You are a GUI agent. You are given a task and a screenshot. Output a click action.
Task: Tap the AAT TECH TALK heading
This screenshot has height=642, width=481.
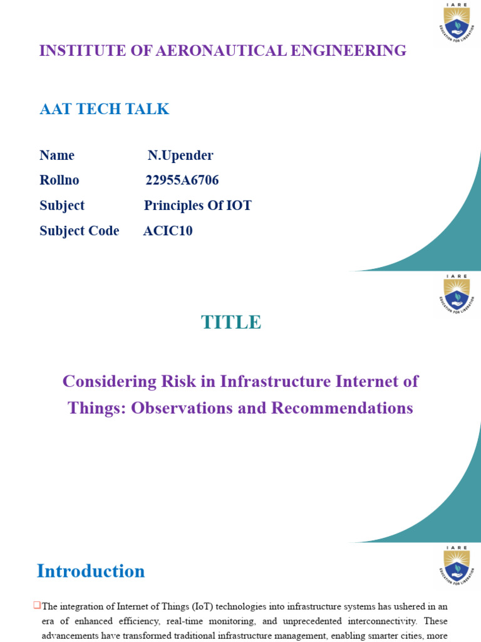pyautogui.click(x=104, y=109)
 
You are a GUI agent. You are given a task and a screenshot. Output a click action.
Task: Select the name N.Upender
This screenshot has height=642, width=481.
pyautogui.click(x=180, y=155)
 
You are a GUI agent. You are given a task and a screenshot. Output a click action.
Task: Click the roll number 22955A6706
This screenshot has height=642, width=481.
pyautogui.click(x=182, y=181)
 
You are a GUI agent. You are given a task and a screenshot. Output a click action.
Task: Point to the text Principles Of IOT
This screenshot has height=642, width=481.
pyautogui.click(x=198, y=206)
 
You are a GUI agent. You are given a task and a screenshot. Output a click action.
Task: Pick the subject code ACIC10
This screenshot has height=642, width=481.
pyautogui.click(x=168, y=231)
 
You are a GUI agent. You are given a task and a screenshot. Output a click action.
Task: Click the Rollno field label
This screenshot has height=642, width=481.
pyautogui.click(x=59, y=181)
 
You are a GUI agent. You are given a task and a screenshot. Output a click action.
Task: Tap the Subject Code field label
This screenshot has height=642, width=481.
pyautogui.click(x=80, y=231)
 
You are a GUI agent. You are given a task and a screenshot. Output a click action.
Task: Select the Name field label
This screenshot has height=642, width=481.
pyautogui.click(x=57, y=155)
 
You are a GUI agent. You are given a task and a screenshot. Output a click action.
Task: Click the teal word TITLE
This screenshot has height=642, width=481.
pyautogui.click(x=231, y=322)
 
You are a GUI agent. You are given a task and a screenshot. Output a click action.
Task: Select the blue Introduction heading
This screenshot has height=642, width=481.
pyautogui.click(x=91, y=571)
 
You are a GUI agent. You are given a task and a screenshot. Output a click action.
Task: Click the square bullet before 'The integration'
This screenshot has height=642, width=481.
pyautogui.click(x=37, y=606)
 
